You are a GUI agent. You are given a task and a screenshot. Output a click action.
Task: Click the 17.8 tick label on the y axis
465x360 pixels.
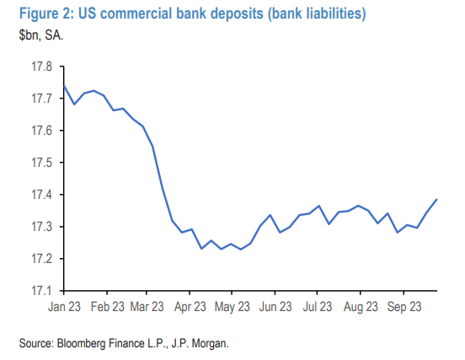coord(42,67)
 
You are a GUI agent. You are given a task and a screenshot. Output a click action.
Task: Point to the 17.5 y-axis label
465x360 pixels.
coord(42,163)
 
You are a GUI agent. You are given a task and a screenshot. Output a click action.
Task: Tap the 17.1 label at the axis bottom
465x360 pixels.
coord(42,291)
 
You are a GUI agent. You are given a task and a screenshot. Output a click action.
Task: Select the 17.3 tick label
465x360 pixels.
coord(42,227)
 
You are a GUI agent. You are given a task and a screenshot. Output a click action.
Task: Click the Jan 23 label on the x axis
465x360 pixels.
coord(64,307)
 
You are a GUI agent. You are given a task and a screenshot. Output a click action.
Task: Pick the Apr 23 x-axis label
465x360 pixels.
coord(190,307)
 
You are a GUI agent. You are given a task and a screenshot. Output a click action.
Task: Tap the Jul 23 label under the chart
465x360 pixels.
coord(318,307)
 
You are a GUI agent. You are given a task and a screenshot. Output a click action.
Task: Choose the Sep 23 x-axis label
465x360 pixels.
coord(404,307)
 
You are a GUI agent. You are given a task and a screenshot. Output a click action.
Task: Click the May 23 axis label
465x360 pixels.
coord(232,307)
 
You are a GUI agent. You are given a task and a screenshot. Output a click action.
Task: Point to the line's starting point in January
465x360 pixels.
coord(64,86)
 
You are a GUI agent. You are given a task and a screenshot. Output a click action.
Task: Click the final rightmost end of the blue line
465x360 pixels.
coord(437,200)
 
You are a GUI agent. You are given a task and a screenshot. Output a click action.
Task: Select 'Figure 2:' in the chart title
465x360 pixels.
coord(46,13)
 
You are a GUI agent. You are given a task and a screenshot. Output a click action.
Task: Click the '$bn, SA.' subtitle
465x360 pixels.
coord(41,35)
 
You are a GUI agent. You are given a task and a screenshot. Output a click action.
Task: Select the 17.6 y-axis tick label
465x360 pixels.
coord(42,131)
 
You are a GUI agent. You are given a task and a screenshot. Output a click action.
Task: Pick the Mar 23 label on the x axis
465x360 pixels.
coord(147,307)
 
